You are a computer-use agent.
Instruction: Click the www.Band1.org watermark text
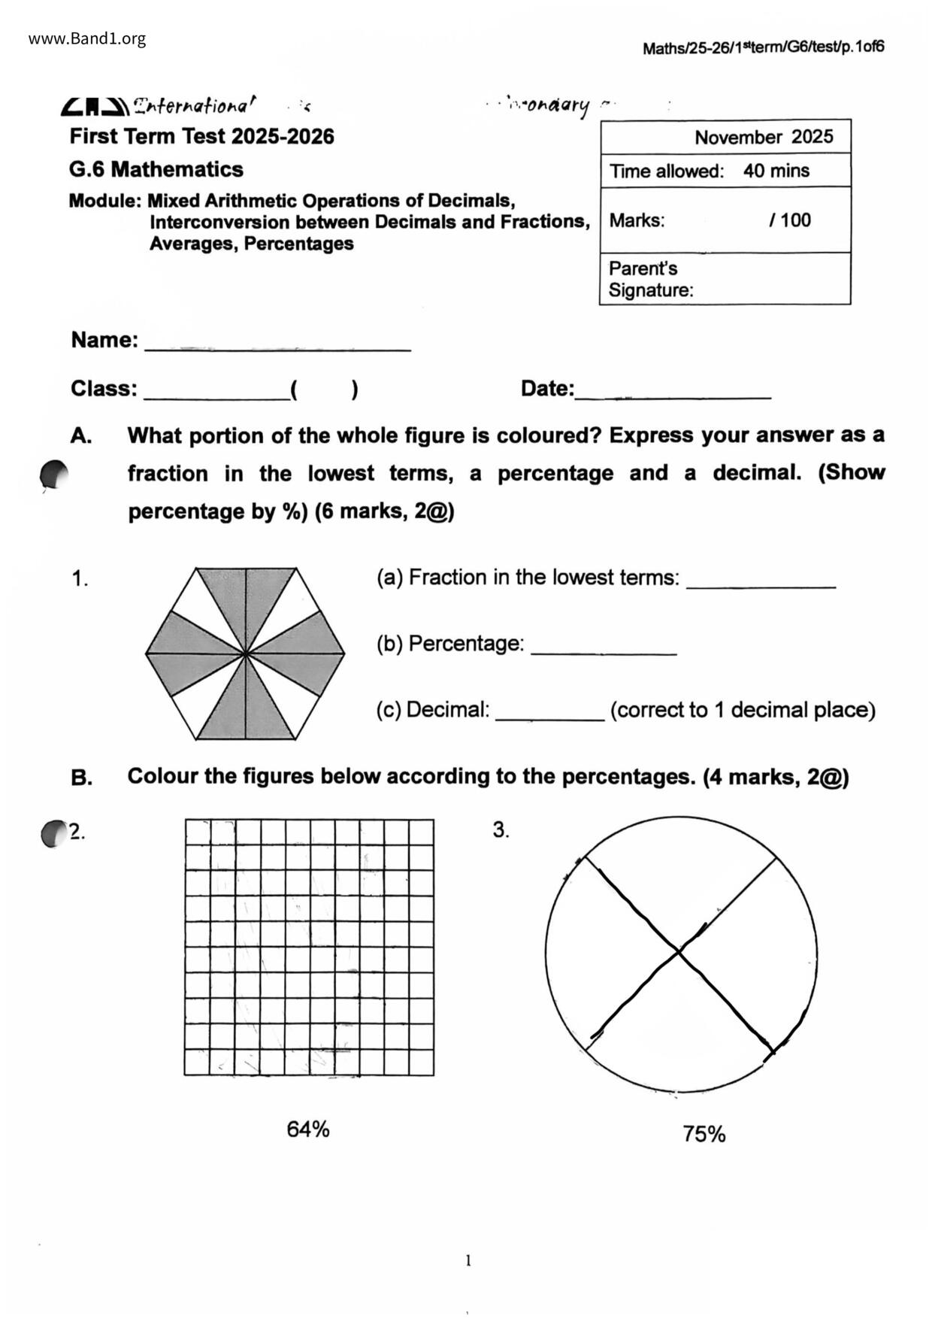point(87,39)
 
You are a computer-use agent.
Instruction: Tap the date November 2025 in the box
point(764,137)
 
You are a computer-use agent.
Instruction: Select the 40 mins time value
point(776,171)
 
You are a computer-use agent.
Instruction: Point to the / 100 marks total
point(790,220)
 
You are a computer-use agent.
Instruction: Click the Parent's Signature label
point(650,279)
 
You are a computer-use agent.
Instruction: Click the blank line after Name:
point(277,347)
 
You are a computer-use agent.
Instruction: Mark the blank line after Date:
point(673,394)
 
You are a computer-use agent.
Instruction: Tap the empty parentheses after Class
point(323,390)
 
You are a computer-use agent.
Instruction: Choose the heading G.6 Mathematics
point(156,169)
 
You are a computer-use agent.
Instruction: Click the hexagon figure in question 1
point(245,653)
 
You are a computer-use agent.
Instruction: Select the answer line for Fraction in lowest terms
point(761,584)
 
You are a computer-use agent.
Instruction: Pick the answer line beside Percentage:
point(604,650)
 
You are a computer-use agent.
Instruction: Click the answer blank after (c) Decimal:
point(549,717)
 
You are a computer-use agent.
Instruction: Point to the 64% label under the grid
point(308,1129)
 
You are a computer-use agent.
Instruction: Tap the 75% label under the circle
point(704,1134)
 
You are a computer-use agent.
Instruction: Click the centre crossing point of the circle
point(679,953)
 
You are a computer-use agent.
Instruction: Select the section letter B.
point(82,778)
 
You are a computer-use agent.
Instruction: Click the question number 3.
point(501,829)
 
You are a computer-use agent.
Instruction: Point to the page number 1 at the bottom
point(468,1261)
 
